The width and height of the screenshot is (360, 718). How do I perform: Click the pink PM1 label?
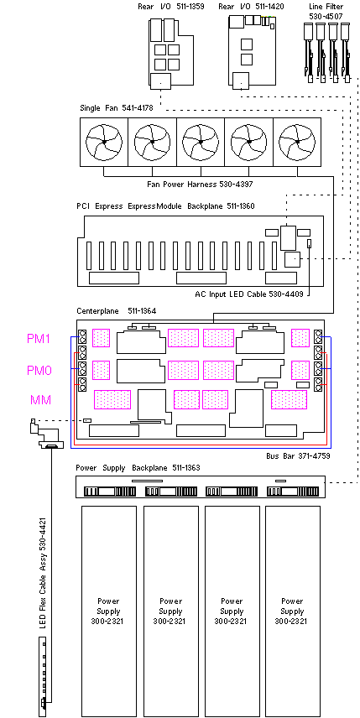click(39, 339)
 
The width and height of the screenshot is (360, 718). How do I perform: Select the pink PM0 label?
click(39, 370)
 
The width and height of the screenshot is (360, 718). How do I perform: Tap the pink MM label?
click(41, 400)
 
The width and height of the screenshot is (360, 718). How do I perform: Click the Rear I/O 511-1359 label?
click(171, 7)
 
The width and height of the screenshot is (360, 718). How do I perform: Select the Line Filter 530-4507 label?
click(326, 11)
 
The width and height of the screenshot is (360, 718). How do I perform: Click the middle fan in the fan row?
click(201, 142)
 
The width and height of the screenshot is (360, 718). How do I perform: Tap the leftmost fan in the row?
click(104, 142)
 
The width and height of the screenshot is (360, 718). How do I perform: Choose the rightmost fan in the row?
click(297, 142)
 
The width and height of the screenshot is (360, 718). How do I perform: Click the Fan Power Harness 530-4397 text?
click(200, 184)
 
